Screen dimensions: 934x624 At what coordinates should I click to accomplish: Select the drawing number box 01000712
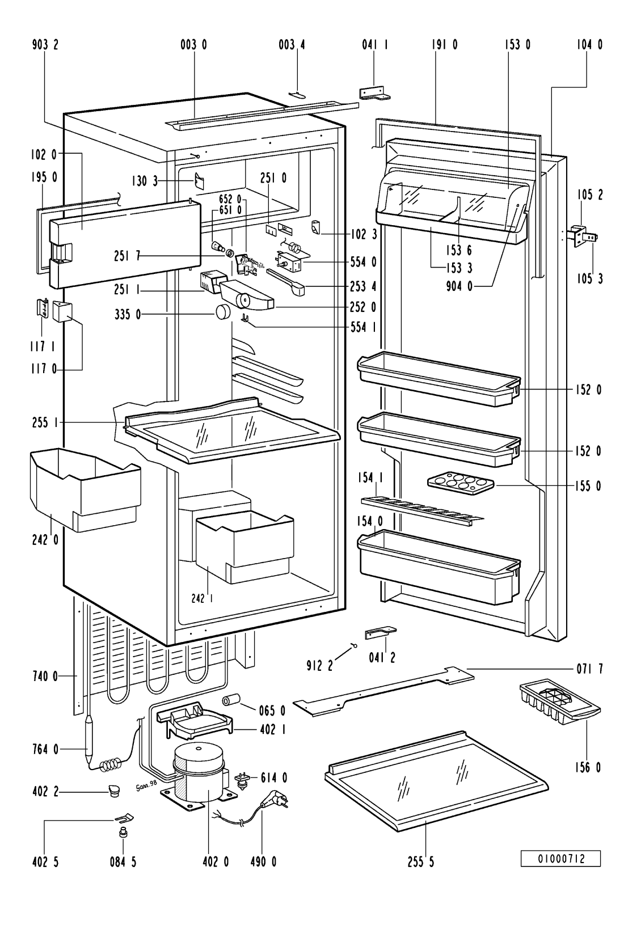(560, 859)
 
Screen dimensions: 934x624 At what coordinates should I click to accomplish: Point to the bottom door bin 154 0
(437, 567)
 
